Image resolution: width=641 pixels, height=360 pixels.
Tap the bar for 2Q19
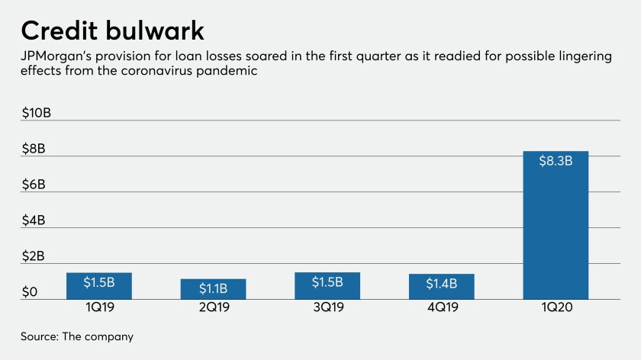[x=213, y=289]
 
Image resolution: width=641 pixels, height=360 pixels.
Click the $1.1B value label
[x=213, y=289]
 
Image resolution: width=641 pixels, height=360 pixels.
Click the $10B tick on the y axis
[x=37, y=113]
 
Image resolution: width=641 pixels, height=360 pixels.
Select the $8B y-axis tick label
[x=34, y=149]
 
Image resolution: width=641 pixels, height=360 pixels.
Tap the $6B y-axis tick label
[x=34, y=185]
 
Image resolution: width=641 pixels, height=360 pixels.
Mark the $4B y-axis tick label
[x=34, y=220]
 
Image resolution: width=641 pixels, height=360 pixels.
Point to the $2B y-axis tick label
[x=34, y=256]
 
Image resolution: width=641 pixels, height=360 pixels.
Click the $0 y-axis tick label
[x=30, y=291]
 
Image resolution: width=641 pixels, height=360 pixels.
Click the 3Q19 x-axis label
[x=327, y=308]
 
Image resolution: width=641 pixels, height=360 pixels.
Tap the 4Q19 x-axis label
[x=441, y=308]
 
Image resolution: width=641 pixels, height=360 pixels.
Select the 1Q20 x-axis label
[x=556, y=308]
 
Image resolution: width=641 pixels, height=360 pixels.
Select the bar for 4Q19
[x=441, y=286]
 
